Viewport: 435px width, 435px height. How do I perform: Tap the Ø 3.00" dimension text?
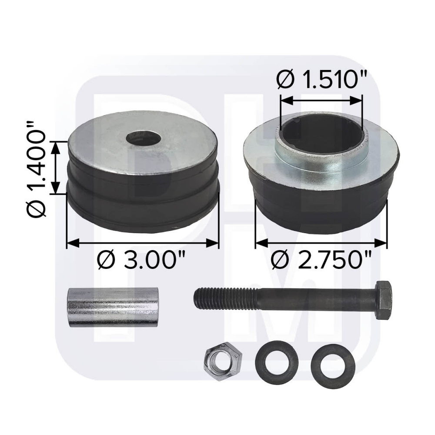click(142, 261)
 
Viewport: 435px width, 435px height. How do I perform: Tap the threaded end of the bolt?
click(217, 297)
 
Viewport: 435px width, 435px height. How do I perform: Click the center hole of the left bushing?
click(143, 138)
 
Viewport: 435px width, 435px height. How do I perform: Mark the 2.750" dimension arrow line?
click(321, 243)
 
